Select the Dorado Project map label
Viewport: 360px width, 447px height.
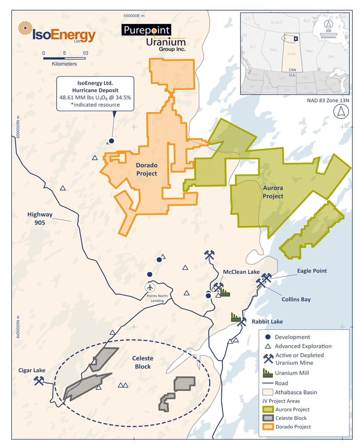(x=146, y=169)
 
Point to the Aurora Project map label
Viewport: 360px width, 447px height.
(x=273, y=192)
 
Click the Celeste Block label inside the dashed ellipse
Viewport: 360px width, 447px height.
(x=143, y=362)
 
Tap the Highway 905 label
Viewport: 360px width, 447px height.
(x=40, y=218)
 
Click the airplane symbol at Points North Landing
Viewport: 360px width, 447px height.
(x=150, y=288)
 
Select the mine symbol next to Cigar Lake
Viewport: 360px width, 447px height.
(x=39, y=381)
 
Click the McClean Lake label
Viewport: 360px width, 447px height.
(x=241, y=272)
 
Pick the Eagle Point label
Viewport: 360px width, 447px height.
(x=312, y=271)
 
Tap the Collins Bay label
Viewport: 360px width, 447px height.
(x=296, y=299)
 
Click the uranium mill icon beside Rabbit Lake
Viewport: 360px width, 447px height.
(x=236, y=317)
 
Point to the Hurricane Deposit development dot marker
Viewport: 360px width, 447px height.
(x=111, y=141)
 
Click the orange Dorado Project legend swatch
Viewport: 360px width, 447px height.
(x=268, y=427)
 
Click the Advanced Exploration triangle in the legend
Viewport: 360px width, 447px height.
(x=268, y=346)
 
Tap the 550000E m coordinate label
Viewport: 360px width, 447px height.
(x=134, y=16)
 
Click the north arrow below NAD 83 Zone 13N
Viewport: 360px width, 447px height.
(x=341, y=112)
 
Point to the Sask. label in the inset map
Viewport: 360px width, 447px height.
(x=291, y=54)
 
